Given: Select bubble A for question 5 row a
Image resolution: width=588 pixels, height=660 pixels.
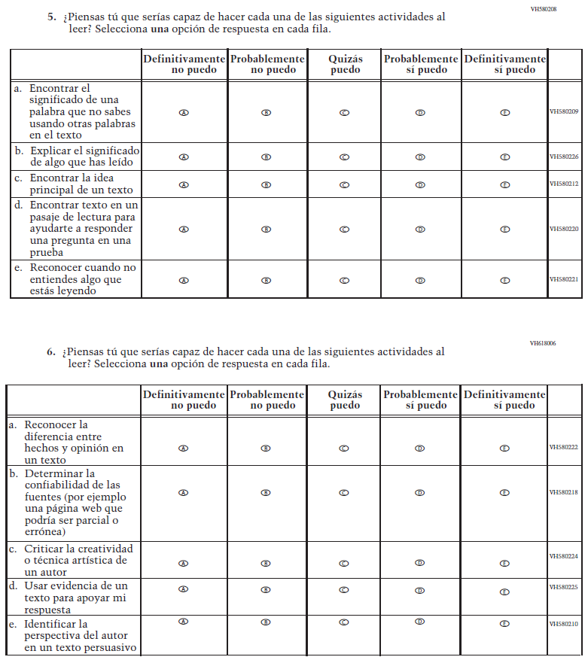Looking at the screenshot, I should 183,112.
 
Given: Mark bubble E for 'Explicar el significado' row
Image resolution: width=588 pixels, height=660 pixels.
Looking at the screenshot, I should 505,157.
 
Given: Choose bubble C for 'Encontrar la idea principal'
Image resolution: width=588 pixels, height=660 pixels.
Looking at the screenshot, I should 344,184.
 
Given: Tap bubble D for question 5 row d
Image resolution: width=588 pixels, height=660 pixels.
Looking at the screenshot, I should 420,229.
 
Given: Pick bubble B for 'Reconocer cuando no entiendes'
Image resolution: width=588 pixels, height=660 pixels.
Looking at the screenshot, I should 266,280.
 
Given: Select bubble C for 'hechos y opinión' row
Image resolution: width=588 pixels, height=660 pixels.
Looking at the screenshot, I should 344,448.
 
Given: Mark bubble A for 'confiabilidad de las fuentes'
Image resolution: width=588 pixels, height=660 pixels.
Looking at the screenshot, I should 183,493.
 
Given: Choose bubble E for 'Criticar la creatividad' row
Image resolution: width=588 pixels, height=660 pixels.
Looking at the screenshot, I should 505,563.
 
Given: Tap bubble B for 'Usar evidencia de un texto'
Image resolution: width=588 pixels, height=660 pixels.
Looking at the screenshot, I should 266,589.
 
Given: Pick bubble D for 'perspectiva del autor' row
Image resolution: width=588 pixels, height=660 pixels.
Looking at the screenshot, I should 420,622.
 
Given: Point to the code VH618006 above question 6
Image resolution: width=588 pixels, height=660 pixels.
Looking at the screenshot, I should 543,343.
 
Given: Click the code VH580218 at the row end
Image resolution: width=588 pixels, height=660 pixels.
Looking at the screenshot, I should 563,492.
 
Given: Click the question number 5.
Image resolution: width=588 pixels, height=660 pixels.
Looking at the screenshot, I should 51,17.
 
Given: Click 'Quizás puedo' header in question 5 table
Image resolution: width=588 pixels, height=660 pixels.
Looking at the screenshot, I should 345,64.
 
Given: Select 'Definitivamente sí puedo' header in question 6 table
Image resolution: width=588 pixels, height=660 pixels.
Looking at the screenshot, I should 504,400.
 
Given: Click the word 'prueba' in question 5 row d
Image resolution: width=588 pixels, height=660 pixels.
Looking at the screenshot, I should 47,253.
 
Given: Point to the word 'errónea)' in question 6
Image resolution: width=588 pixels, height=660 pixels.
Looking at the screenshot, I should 44,533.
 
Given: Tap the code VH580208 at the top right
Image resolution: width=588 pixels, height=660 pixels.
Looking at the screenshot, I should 543,8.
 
